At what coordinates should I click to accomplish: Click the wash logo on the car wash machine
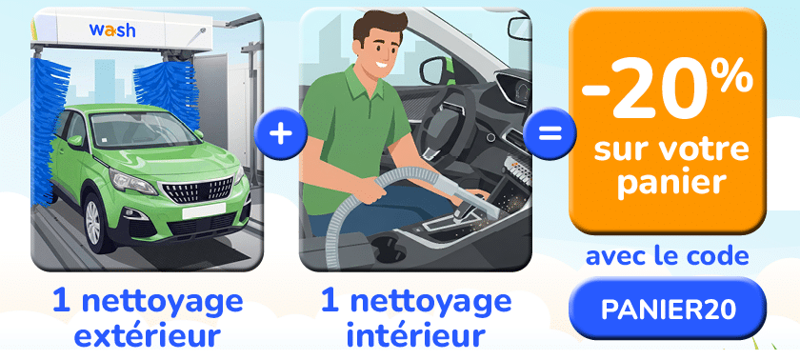coord(112,30)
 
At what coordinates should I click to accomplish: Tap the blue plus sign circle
coord(281,134)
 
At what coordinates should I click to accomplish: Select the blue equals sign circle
coord(550,133)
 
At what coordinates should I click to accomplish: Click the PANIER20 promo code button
coord(668,308)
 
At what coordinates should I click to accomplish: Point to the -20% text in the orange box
coord(668,90)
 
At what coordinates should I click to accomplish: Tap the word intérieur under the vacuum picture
coord(415,336)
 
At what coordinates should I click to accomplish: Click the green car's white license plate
coord(204,210)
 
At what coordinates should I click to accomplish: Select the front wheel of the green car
coord(95,221)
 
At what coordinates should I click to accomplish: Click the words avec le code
coord(668,256)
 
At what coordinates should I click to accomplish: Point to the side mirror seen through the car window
coord(433,70)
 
